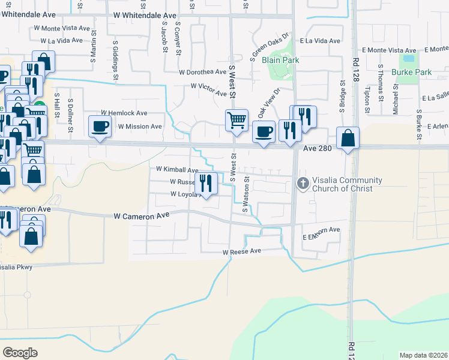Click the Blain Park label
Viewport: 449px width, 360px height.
click(280, 60)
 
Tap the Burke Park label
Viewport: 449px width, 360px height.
click(411, 72)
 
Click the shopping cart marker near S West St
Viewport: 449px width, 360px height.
click(237, 120)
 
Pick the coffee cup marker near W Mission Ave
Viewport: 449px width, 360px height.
click(99, 127)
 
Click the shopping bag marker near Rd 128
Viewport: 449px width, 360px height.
click(348, 138)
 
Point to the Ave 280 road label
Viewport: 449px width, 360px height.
click(318, 148)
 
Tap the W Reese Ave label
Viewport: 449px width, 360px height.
click(242, 251)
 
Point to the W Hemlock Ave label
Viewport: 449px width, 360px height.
click(124, 113)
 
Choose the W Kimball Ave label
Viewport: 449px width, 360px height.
click(177, 170)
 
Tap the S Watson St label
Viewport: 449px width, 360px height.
click(245, 194)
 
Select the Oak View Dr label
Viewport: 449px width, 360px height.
click(269, 103)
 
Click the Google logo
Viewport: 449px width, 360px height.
click(20, 352)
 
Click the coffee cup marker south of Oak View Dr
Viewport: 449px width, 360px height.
click(263, 131)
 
